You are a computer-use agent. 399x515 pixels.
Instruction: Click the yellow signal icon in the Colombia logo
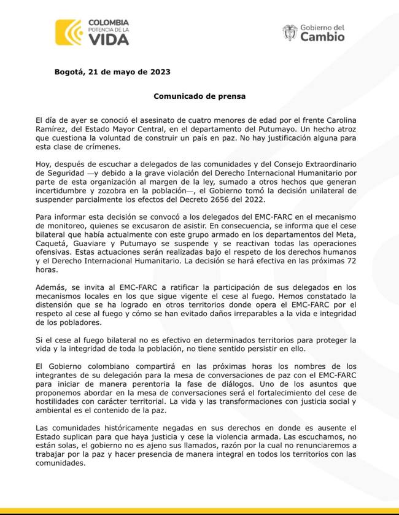tap(68, 33)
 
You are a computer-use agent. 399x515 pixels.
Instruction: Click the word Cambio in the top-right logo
tap(322, 37)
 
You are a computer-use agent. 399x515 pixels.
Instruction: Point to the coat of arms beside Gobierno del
tap(290, 33)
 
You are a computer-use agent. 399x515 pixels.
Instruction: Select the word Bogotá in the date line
tap(71, 71)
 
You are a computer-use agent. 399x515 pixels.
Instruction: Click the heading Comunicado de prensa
tap(199, 96)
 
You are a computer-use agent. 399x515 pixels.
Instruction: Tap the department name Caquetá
tap(52, 245)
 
